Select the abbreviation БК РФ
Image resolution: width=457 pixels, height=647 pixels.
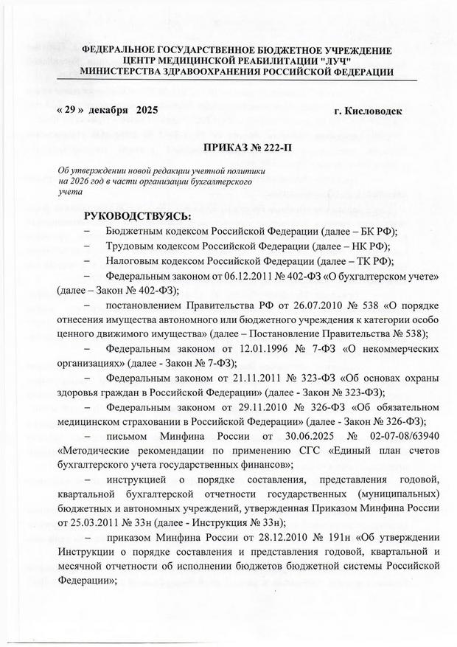coord(361,231)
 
